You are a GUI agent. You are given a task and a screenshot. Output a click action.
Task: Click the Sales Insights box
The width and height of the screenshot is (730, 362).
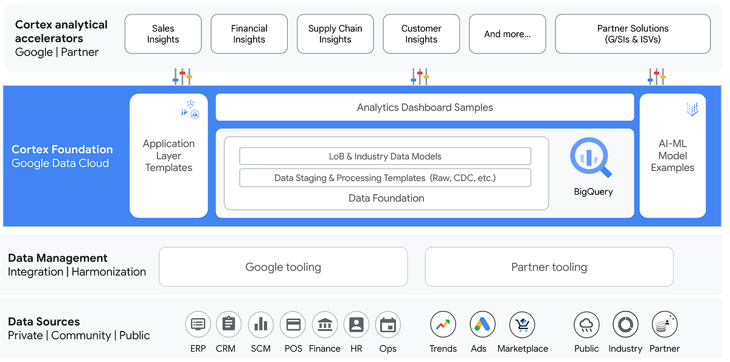(x=163, y=34)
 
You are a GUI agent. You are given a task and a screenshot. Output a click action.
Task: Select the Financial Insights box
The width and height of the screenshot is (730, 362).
(x=249, y=34)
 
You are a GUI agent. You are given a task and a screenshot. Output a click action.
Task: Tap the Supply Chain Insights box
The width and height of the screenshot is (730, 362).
(x=335, y=34)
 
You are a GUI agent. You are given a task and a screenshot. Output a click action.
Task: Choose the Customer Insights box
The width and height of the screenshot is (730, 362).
(x=421, y=34)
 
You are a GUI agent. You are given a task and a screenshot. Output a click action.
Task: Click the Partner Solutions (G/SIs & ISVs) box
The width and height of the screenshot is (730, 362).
(x=633, y=34)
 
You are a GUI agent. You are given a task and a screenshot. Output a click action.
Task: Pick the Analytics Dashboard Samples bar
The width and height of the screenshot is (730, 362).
(x=425, y=108)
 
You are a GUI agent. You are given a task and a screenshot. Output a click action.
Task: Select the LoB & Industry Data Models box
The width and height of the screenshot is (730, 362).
(x=385, y=156)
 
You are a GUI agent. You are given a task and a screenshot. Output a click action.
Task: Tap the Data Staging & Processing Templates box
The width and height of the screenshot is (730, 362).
(x=385, y=178)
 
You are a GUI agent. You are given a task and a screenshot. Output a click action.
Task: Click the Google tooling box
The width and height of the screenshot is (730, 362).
(x=283, y=266)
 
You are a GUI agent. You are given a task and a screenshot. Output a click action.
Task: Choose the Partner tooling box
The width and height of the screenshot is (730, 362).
(x=549, y=266)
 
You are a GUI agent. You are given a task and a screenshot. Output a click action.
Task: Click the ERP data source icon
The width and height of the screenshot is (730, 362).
(x=198, y=324)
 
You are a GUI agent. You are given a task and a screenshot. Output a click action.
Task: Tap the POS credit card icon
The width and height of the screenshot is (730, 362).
(x=293, y=324)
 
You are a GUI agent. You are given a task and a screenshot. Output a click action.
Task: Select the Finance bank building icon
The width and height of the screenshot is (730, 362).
(x=324, y=324)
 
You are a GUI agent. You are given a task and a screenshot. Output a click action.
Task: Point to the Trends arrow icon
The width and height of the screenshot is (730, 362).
(x=443, y=324)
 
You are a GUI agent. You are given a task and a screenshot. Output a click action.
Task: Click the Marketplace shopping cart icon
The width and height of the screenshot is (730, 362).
(x=522, y=324)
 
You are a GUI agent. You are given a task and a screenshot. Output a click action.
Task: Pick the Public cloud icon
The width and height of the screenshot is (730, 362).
(x=586, y=324)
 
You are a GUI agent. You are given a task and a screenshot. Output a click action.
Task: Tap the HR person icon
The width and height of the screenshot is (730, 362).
(x=356, y=324)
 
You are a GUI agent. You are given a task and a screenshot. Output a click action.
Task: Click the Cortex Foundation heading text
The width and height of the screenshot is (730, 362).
(x=62, y=150)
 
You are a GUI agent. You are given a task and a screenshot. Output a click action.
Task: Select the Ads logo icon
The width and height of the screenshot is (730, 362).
(x=482, y=324)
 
